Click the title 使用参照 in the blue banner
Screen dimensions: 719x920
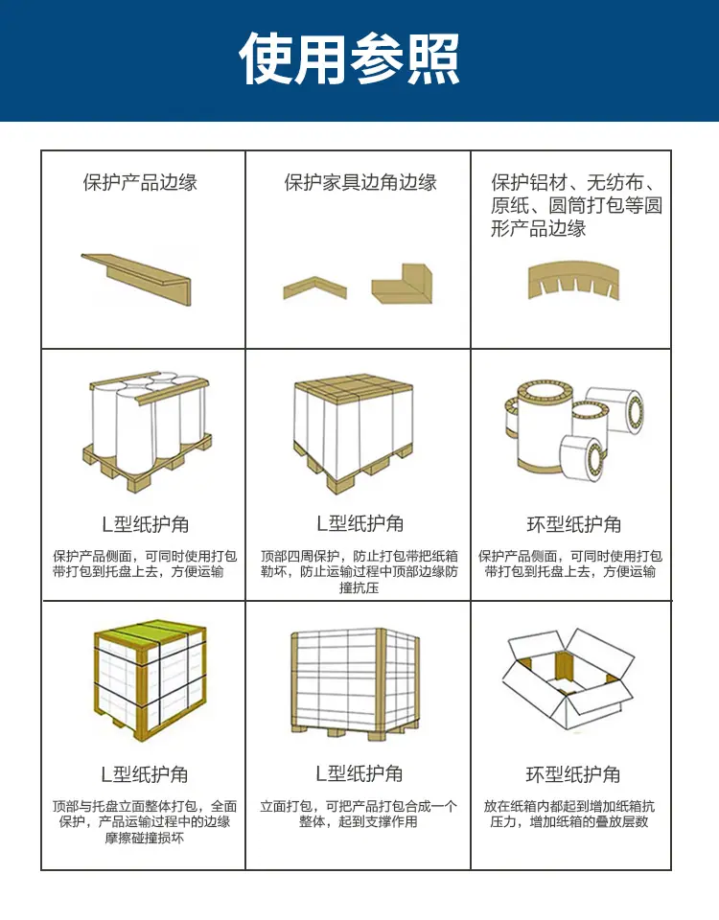[349, 58]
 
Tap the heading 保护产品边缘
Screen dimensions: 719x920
[140, 182]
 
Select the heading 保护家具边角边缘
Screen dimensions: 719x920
[360, 182]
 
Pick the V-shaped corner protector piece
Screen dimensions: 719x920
[314, 287]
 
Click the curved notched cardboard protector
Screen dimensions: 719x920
[573, 280]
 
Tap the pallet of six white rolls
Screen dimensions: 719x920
[147, 430]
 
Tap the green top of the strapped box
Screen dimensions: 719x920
[151, 633]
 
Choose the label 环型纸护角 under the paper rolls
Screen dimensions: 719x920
[574, 524]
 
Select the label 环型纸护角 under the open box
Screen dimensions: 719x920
[573, 774]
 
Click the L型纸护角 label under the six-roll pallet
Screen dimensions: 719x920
[145, 524]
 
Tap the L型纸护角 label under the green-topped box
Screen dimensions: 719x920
[145, 774]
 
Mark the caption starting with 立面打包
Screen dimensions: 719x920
[359, 814]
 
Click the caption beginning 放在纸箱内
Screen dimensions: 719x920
[569, 814]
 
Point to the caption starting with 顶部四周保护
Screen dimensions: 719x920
[359, 571]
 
